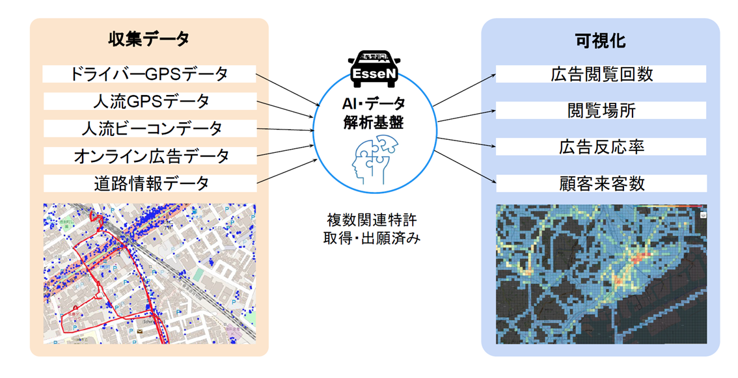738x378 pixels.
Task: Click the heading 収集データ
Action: (149, 40)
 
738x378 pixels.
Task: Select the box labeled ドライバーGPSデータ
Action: (149, 74)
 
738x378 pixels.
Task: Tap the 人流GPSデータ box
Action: (149, 101)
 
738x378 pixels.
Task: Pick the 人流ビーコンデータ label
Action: (149, 128)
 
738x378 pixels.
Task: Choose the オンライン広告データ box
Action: (149, 156)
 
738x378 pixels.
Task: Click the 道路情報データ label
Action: (149, 183)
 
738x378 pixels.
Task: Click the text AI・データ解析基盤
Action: (374, 112)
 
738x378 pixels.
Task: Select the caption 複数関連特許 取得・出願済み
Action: (372, 228)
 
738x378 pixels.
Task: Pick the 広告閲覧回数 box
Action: (601, 74)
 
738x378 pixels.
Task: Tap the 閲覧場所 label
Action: (601, 110)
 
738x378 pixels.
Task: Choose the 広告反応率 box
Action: (601, 146)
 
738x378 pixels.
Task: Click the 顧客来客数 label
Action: (601, 183)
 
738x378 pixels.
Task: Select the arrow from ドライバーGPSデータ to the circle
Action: (286, 88)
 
